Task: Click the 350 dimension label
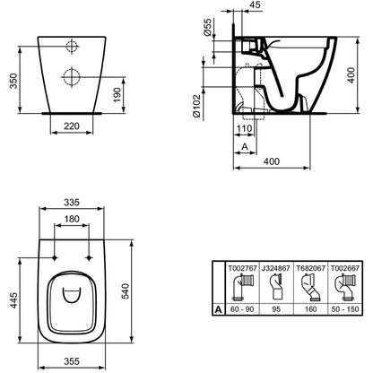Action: [13, 81]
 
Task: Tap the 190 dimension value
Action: [117, 94]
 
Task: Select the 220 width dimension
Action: [72, 126]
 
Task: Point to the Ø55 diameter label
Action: [208, 27]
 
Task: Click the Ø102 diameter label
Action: [196, 106]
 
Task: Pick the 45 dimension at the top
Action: [255, 4]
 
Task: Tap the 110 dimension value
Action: [244, 128]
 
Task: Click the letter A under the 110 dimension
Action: [245, 146]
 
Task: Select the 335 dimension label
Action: [72, 203]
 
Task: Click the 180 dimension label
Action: [72, 219]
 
